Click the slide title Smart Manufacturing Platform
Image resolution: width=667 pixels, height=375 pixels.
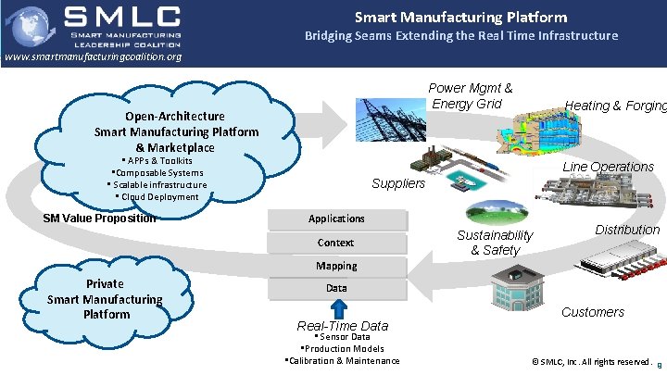tap(461, 17)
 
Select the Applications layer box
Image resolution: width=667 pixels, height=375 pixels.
tap(336, 219)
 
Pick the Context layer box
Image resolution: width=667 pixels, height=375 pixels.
tap(336, 243)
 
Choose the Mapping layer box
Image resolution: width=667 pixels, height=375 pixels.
tap(336, 266)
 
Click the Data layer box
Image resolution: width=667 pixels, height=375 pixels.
tap(336, 288)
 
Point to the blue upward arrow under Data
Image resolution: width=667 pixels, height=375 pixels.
tap(338, 308)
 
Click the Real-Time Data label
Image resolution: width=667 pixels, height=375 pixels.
tap(342, 326)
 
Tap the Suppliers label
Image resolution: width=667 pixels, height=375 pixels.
tap(398, 183)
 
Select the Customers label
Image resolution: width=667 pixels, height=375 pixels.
tap(593, 312)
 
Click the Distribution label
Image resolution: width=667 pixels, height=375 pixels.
tap(627, 230)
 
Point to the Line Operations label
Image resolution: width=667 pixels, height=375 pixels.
tap(609, 167)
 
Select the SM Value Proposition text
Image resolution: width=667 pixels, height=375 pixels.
tap(100, 219)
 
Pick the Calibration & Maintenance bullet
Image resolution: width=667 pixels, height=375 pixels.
tap(344, 360)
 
